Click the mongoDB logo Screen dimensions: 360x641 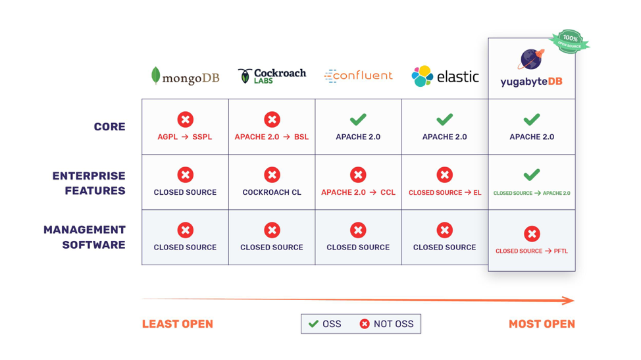pyautogui.click(x=185, y=76)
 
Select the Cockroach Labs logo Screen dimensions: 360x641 pyautogui.click(x=272, y=76)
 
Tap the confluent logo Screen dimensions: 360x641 pyautogui.click(x=358, y=76)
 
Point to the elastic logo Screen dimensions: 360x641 pyautogui.click(x=445, y=76)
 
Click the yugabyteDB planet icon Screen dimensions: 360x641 pyautogui.click(x=531, y=59)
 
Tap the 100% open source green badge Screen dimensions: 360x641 pyautogui.click(x=569, y=41)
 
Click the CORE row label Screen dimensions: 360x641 pyautogui.click(x=109, y=126)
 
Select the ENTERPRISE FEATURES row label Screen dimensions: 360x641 pyautogui.click(x=89, y=183)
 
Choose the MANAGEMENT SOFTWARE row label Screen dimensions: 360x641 pyautogui.click(x=84, y=237)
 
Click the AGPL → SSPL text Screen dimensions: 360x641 pyautogui.click(x=185, y=137)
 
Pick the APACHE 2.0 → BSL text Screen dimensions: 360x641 pyautogui.click(x=272, y=137)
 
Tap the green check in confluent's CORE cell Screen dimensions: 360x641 pyautogui.click(x=358, y=119)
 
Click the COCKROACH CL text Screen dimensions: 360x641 pyautogui.click(x=272, y=192)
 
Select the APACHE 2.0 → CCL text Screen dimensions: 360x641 pyautogui.click(x=358, y=192)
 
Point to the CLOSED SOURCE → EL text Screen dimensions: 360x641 pyautogui.click(x=445, y=193)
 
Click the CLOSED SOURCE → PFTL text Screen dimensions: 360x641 pyautogui.click(x=532, y=251)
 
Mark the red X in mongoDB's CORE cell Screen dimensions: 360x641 pyautogui.click(x=185, y=119)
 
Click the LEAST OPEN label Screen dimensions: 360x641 pyautogui.click(x=178, y=324)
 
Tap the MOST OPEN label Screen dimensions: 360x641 pyautogui.click(x=542, y=324)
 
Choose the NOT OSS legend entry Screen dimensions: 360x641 pyautogui.click(x=387, y=324)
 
